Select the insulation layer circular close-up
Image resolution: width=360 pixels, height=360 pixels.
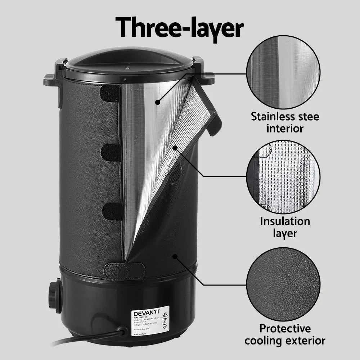[x=283, y=176]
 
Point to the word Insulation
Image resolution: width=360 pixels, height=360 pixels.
[x=285, y=221]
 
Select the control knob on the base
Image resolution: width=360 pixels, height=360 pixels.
[x=54, y=295]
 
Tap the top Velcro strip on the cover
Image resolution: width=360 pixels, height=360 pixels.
[x=109, y=94]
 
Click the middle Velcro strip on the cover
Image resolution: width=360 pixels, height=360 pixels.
[x=111, y=153]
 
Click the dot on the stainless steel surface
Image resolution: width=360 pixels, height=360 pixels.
[x=158, y=103]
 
